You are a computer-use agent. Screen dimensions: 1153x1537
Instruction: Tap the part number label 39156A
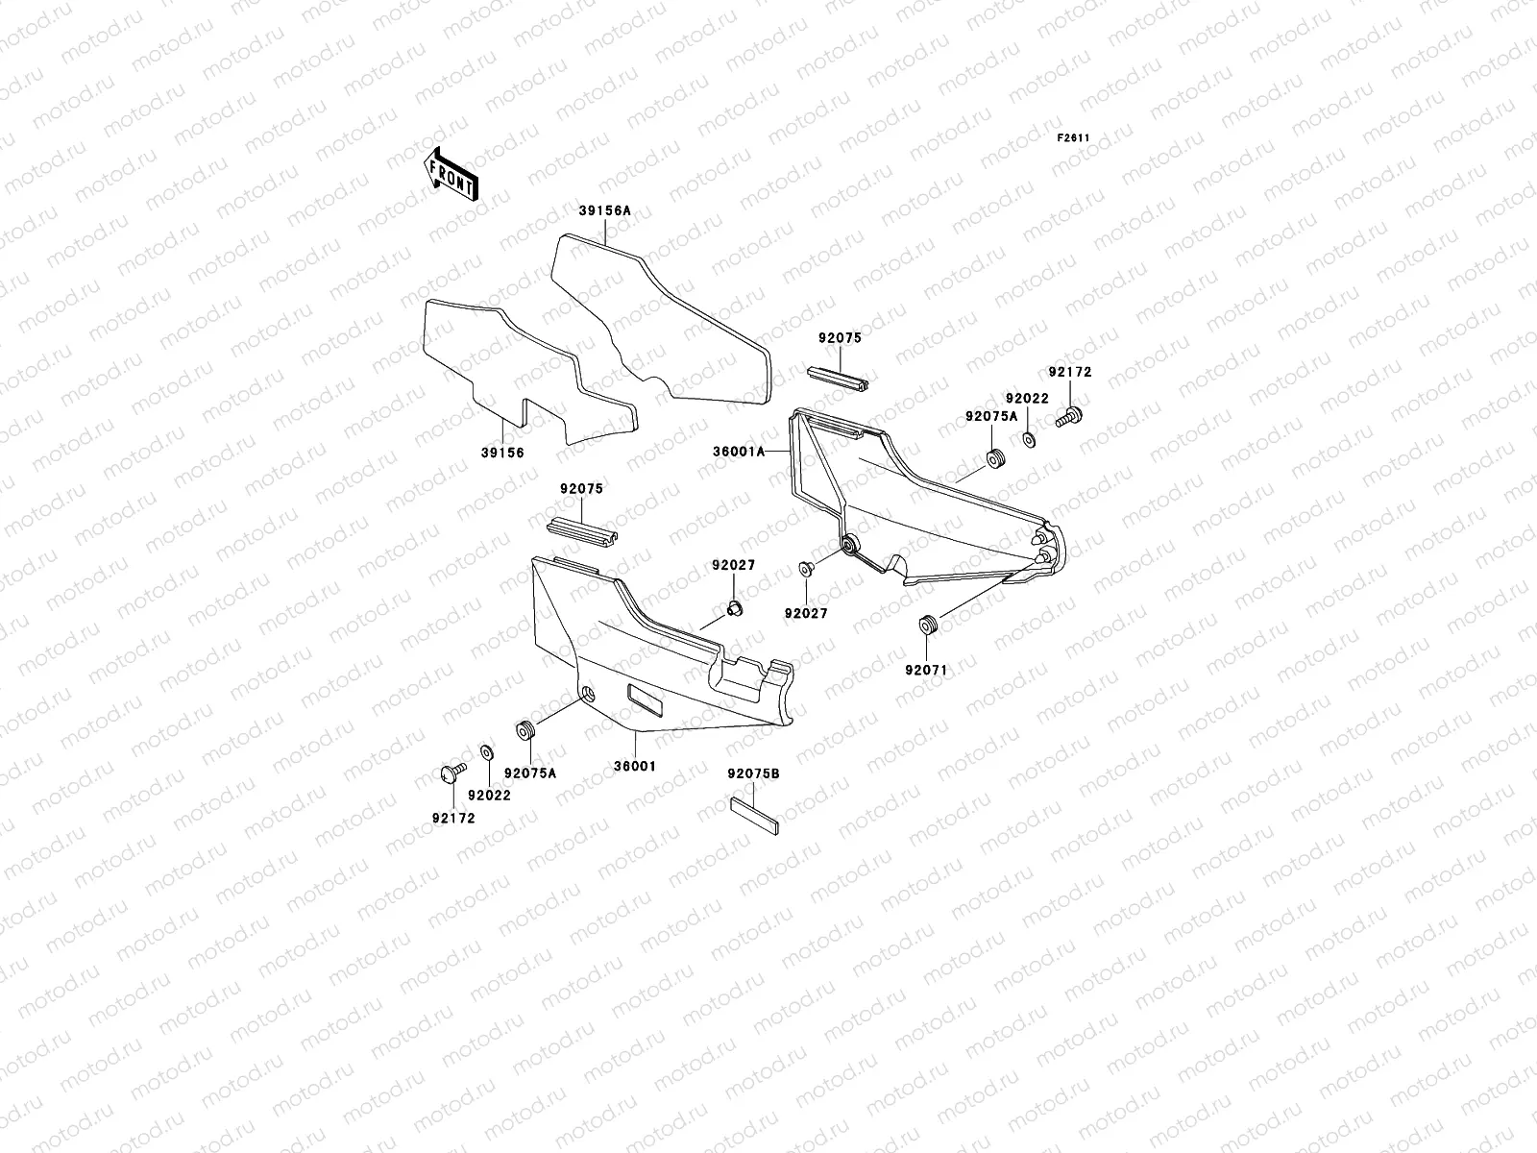(x=605, y=210)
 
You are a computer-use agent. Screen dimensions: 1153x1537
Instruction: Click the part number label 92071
(x=926, y=670)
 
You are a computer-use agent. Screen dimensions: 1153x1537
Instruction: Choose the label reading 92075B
(x=753, y=773)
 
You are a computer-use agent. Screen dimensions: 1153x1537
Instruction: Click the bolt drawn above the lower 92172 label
(x=451, y=771)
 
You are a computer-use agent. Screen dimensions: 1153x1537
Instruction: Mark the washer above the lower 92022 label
(x=486, y=750)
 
